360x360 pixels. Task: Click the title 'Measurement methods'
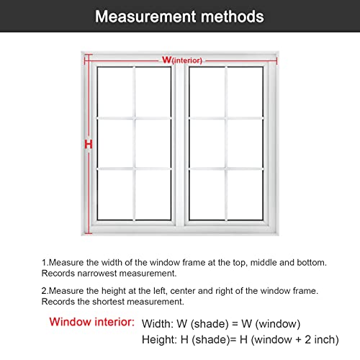(x=179, y=16)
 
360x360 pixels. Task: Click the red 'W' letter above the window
(x=166, y=60)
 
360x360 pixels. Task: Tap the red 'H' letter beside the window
(x=89, y=145)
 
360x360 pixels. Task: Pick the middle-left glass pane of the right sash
(x=207, y=143)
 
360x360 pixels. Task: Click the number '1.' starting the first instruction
(x=45, y=263)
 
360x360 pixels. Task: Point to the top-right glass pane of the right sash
(x=248, y=91)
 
